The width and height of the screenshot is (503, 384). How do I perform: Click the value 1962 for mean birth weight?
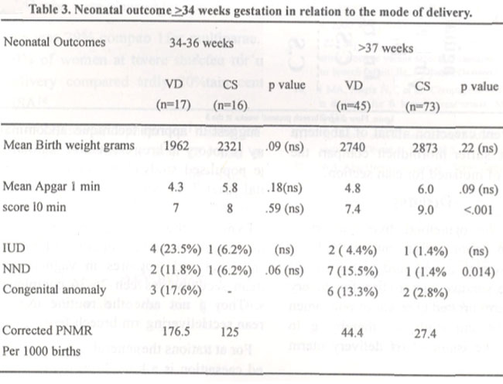(176, 146)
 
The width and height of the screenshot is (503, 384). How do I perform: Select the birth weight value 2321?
(230, 146)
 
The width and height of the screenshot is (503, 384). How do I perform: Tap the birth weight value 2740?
(353, 147)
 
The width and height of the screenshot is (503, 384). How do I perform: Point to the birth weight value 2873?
(425, 148)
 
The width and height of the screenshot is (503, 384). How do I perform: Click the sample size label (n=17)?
(173, 105)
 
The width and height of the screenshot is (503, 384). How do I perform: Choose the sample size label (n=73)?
(423, 106)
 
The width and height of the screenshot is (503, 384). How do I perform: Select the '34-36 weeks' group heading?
(201, 43)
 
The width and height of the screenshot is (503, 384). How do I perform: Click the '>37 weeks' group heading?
(385, 48)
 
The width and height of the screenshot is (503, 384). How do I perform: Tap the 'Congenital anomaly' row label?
(54, 290)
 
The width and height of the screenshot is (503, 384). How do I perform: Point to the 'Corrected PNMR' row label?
(47, 331)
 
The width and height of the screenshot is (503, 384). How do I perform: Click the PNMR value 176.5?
(176, 331)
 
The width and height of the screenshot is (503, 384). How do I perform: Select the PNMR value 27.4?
(425, 334)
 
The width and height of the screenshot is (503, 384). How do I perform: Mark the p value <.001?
(478, 210)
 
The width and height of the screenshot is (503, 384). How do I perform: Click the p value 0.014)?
(478, 272)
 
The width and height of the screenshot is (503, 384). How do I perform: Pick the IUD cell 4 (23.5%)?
(176, 249)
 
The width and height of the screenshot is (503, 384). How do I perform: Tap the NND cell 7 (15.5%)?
(353, 272)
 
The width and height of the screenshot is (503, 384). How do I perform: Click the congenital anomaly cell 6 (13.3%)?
(353, 292)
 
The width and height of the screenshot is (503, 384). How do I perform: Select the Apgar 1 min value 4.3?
(176, 187)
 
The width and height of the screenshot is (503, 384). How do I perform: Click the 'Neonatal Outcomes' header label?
(54, 42)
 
